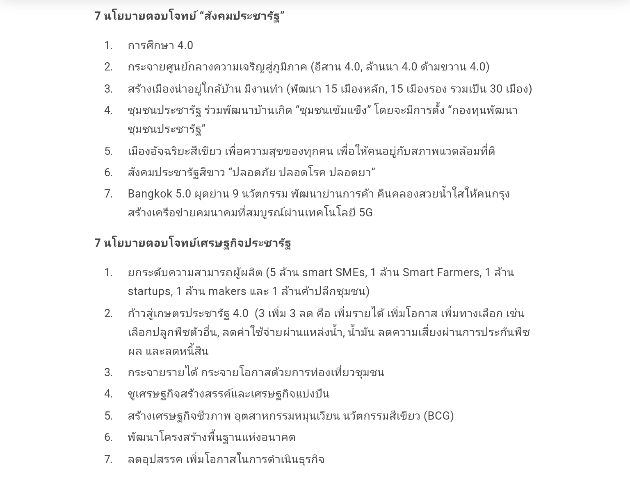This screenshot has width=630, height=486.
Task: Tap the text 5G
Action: coord(365,212)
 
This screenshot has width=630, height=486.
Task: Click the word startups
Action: coord(149,291)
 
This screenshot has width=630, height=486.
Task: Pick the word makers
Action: coord(227,291)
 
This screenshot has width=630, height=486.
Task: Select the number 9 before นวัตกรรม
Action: coord(235,193)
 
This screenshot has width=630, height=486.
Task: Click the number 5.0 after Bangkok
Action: coord(183,193)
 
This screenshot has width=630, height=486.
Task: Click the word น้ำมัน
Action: coord(361,332)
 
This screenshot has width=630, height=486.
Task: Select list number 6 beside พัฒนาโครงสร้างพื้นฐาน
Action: coord(108,437)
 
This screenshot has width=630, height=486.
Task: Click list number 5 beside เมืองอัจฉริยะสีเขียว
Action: coord(108,151)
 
